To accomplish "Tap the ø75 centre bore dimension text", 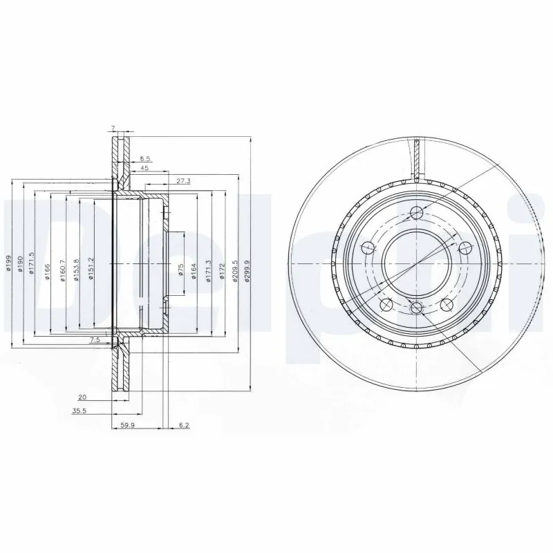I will [x=180, y=270].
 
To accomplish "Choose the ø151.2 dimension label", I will [x=90, y=265].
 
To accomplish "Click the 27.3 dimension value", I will [x=183, y=180].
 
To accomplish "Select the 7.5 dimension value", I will [x=95, y=340].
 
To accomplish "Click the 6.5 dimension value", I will [x=145, y=159].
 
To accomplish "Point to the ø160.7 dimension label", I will [x=63, y=265].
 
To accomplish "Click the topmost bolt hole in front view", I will [x=415, y=213].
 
